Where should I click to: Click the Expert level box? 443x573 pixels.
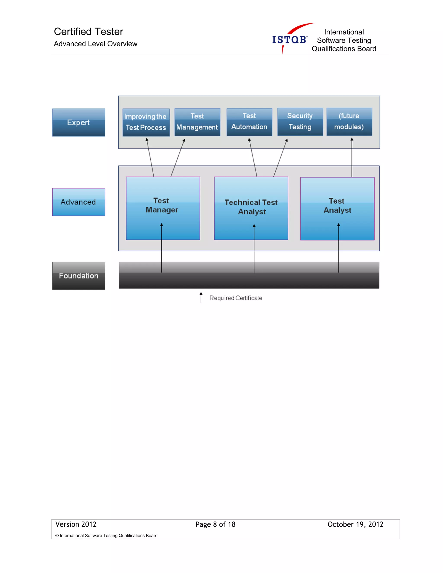(79, 123)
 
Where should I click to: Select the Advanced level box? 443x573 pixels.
(79, 202)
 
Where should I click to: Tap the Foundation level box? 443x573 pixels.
(79, 276)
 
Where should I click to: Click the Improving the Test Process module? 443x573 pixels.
(146, 122)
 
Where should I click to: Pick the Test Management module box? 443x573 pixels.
(197, 122)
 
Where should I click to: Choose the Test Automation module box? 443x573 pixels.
(249, 122)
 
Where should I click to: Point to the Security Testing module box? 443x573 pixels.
(300, 122)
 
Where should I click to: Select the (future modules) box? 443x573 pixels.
(349, 122)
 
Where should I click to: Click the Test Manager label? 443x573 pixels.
(162, 205)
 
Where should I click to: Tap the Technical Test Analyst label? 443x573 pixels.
(251, 207)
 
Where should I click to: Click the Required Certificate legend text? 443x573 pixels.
(236, 298)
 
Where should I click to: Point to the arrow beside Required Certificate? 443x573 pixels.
(201, 298)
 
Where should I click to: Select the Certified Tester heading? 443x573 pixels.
(88, 32)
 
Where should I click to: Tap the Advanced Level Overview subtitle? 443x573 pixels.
(96, 44)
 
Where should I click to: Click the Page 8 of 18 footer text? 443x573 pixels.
(215, 524)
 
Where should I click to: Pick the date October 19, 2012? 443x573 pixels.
(355, 524)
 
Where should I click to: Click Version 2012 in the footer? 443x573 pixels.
(76, 524)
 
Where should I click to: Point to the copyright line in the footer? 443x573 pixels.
(106, 535)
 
